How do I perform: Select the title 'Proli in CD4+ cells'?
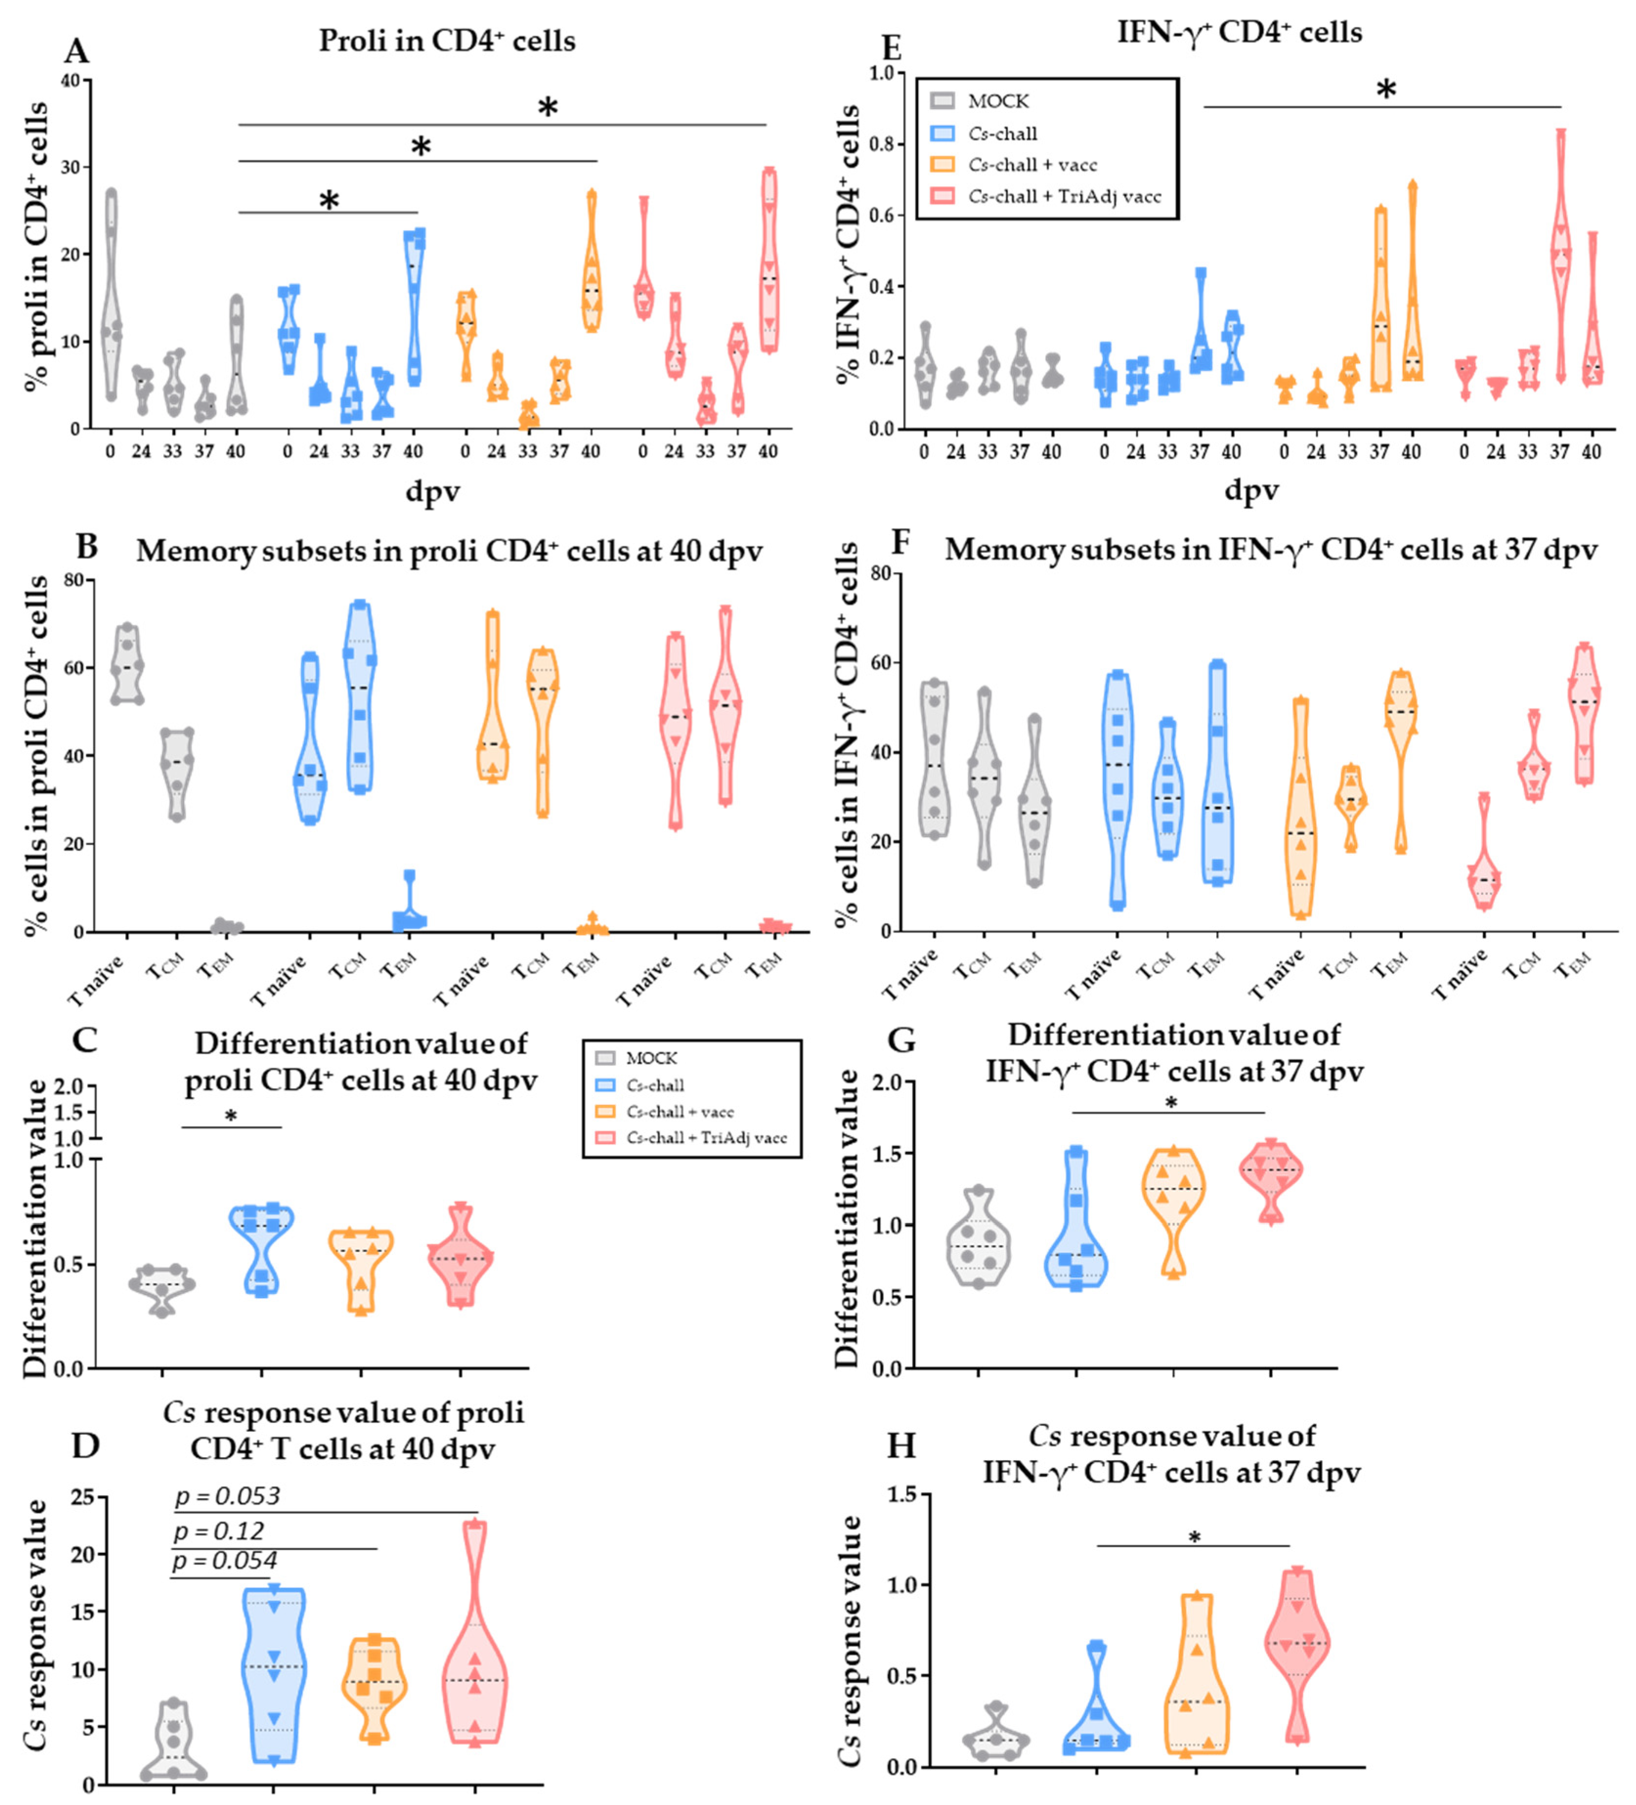pos(447,41)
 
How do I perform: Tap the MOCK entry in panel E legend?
pos(997,101)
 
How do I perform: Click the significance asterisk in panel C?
pos(231,1117)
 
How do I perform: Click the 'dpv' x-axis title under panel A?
pos(432,490)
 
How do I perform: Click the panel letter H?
pos(901,1445)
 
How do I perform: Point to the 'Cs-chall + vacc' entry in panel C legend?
pos(680,1111)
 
